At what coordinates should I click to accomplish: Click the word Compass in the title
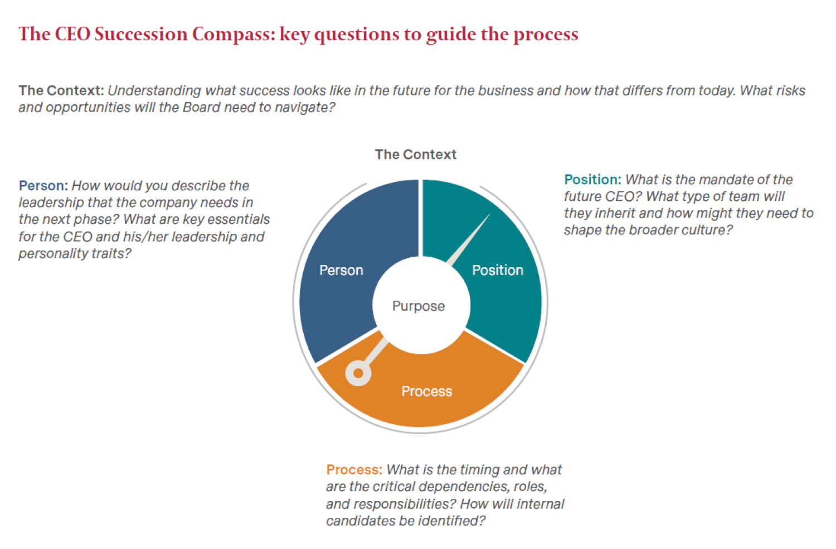pos(234,35)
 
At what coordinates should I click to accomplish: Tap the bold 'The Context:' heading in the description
pos(61,90)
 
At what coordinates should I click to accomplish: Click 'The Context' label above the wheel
pos(415,155)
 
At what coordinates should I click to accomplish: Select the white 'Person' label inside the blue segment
pos(341,270)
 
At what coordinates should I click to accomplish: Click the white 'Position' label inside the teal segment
pos(498,270)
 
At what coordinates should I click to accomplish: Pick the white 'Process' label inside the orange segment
pos(426,391)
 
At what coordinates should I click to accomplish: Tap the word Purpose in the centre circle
pos(419,306)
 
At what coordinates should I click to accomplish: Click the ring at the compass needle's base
pos(358,373)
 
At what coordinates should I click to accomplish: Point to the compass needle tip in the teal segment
pos(490,214)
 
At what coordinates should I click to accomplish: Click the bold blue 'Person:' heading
pos(43,186)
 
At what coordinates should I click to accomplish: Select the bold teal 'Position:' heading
pos(592,180)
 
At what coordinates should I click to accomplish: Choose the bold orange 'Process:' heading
pos(354,470)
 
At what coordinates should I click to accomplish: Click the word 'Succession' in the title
pos(141,35)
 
